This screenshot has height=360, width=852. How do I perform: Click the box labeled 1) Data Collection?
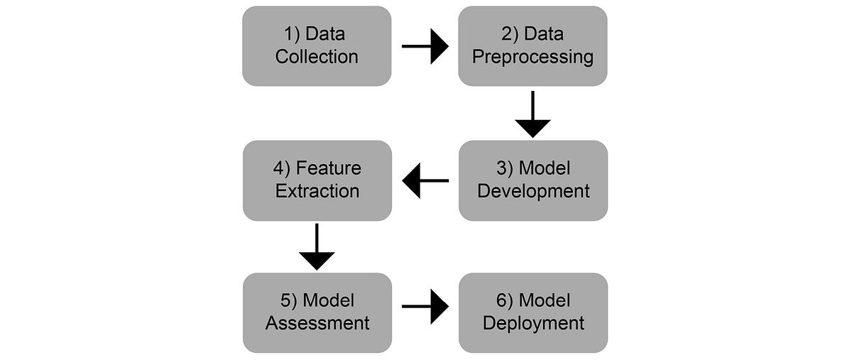click(x=317, y=46)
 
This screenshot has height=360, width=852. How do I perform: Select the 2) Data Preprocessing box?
click(x=532, y=46)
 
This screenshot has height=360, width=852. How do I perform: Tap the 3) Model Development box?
click(x=532, y=180)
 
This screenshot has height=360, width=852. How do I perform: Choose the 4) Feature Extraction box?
click(x=317, y=180)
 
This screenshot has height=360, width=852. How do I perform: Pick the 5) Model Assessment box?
click(x=317, y=313)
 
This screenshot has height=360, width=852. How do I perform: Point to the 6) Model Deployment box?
click(x=532, y=313)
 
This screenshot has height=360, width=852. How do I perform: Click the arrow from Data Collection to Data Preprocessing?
click(x=425, y=47)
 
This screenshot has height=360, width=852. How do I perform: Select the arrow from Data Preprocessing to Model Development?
click(x=532, y=114)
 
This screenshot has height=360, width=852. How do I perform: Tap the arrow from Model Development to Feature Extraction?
click(x=425, y=180)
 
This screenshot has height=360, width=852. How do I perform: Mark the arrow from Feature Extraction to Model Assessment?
click(x=317, y=246)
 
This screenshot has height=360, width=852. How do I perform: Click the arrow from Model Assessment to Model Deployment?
click(x=425, y=307)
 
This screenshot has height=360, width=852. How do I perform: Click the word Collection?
click(x=317, y=57)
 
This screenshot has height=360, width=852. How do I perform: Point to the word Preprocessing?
click(x=532, y=57)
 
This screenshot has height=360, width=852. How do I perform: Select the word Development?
click(x=533, y=191)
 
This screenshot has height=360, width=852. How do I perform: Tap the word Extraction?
click(x=317, y=191)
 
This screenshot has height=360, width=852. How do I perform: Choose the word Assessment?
click(x=317, y=324)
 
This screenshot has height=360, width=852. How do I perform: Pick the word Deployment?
click(x=533, y=324)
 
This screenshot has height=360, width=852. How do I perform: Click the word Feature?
click(x=329, y=169)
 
